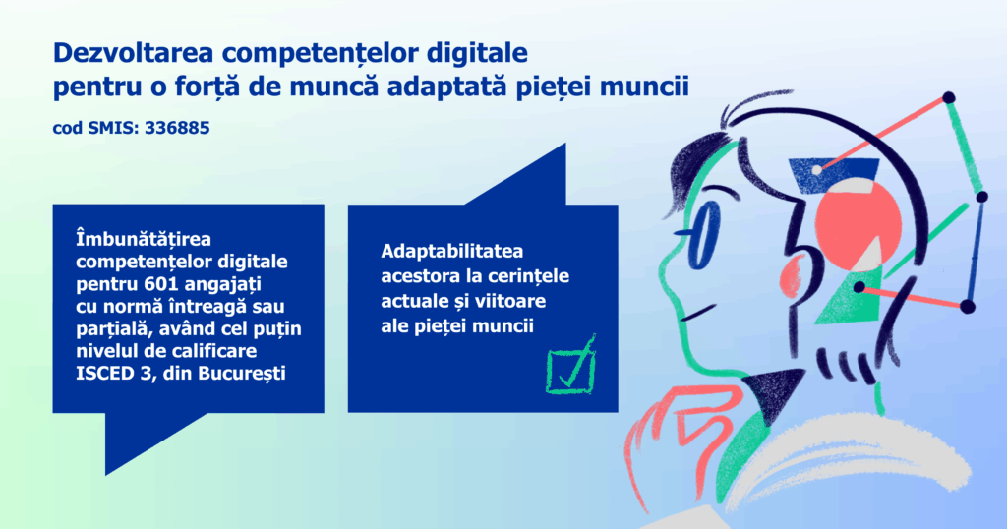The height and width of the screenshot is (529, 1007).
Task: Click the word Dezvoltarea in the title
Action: point(133,53)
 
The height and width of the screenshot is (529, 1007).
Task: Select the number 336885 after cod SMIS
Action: point(177,128)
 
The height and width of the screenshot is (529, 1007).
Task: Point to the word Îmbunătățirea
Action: point(144,239)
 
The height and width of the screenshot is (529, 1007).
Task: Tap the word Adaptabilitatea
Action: point(452,251)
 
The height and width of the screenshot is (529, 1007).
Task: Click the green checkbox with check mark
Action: point(571,367)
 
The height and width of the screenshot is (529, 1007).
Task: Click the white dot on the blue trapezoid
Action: point(817,170)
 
